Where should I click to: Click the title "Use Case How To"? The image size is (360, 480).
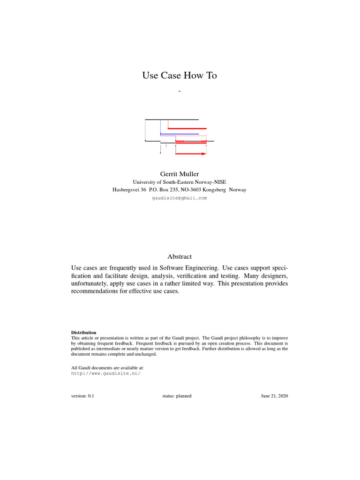click(180, 75)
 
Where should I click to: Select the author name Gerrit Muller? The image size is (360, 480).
click(180, 174)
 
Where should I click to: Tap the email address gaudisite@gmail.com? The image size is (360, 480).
click(180, 198)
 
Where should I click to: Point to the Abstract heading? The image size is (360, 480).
click(180, 256)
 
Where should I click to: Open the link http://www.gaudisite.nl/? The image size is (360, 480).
click(105, 374)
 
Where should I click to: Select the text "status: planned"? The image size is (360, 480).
click(177, 396)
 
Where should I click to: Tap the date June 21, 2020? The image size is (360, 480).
click(274, 396)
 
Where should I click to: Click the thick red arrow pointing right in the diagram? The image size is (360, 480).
click(190, 154)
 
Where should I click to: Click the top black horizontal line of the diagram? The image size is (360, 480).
click(172, 120)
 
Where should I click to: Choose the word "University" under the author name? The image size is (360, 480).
click(145, 182)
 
